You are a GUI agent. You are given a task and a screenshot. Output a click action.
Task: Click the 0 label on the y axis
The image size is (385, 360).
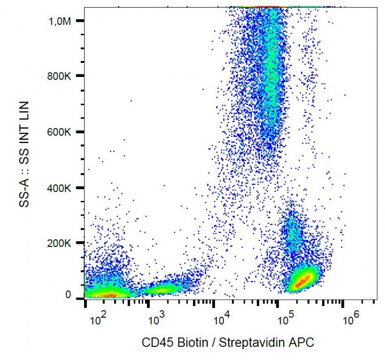[x=76, y=295]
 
